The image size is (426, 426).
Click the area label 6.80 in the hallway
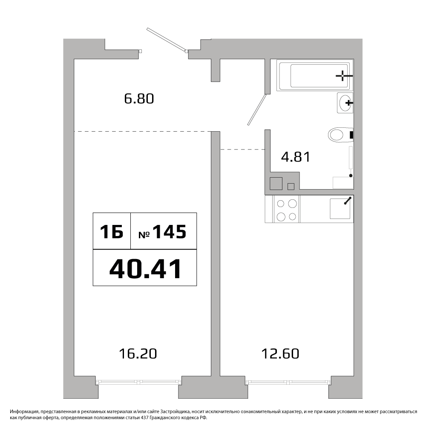[x=139, y=99]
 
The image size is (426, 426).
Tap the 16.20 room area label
[x=138, y=354]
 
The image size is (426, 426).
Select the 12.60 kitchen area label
[x=280, y=354]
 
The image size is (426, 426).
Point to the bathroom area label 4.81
[x=296, y=157]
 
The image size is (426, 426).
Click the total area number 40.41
[x=145, y=269]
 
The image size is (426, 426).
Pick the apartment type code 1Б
[x=112, y=232]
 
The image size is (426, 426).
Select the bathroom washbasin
[x=345, y=103]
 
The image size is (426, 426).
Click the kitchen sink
[x=340, y=208]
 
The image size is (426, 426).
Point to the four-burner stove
[x=286, y=209]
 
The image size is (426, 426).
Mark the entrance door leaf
[x=167, y=39]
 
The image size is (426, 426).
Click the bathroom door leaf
[x=256, y=110]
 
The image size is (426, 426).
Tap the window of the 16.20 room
[x=138, y=382]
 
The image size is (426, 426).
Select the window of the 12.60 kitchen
[x=288, y=382]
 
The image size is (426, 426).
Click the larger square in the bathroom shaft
[x=276, y=183]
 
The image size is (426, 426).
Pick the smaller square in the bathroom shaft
[x=291, y=187]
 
